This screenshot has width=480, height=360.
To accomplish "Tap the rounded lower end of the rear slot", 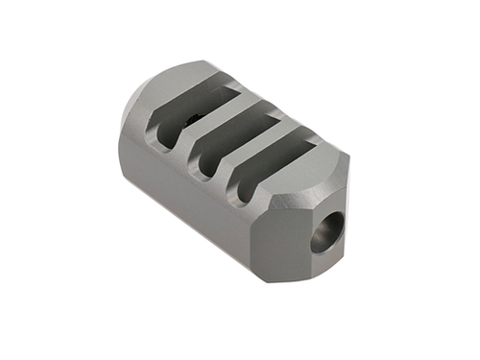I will [x=166, y=144].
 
